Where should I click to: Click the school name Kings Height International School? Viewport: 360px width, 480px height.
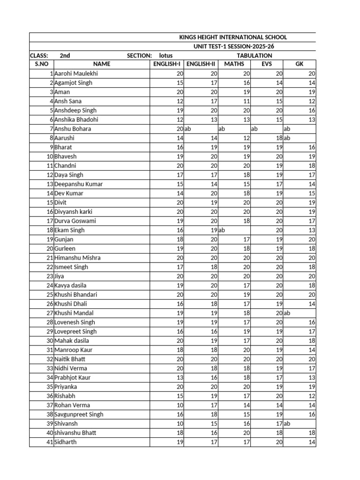pos(233,37)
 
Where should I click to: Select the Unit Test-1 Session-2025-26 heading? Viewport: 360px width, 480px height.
pos(233,46)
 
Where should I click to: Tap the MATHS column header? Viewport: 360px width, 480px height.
pos(234,65)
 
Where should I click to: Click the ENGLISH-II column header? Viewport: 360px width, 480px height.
pos(201,65)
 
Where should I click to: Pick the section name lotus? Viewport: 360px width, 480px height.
pos(166,55)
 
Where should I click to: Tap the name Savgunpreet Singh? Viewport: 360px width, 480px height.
pos(79,414)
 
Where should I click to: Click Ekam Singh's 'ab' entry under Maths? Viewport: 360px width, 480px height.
pos(222,230)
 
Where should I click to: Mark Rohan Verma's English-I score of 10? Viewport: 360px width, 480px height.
pos(180,405)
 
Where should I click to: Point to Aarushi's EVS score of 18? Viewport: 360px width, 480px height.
pos(278,138)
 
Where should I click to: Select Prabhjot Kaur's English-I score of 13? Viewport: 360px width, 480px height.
pos(180,377)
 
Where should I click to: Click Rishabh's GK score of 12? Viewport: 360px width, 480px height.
pos(311,396)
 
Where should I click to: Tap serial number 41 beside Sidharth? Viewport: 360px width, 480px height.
pos(49,442)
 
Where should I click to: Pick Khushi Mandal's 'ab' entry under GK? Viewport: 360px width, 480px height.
pos(287,313)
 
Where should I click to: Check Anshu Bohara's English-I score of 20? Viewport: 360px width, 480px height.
pos(180,129)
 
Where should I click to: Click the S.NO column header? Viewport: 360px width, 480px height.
pos(41,65)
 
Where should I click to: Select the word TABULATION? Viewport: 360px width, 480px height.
pos(255,55)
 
